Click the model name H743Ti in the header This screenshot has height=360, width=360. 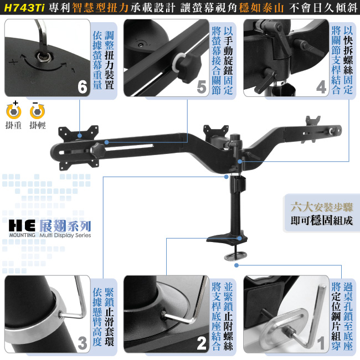[x=24, y=8]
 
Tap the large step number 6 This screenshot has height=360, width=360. [x=83, y=87]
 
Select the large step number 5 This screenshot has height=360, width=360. [x=202, y=87]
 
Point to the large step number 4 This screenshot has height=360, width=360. [x=321, y=87]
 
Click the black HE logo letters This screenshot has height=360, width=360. [x=22, y=225]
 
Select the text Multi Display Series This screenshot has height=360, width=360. [x=65, y=235]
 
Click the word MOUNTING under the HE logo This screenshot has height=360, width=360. [x=22, y=235]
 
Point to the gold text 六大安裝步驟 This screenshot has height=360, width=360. [x=321, y=207]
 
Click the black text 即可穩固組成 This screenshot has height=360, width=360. [x=321, y=220]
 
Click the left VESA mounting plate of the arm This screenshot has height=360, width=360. [x=79, y=148]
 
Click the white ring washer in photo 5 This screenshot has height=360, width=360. [x=179, y=63]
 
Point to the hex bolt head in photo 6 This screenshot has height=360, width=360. [x=43, y=56]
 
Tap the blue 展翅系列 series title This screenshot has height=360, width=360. [x=65, y=225]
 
